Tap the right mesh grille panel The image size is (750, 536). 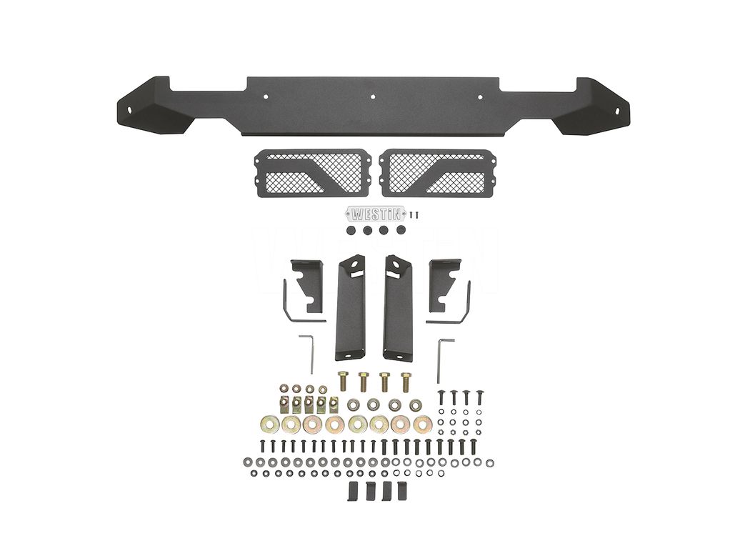pyautogui.click(x=439, y=172)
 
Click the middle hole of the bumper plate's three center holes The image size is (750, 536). pyautogui.click(x=373, y=96)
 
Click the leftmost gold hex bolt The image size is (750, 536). pyautogui.click(x=342, y=381)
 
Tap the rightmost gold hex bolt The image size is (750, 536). pyautogui.click(x=406, y=381)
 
